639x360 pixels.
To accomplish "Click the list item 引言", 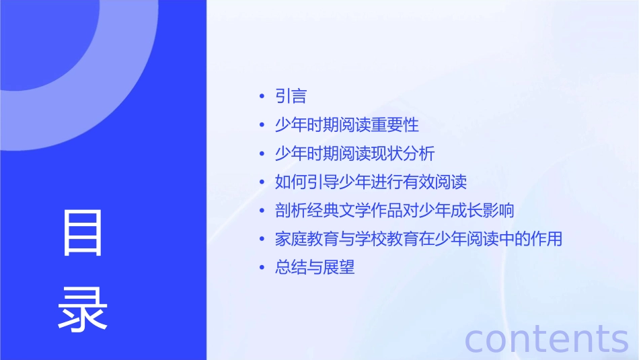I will coord(291,97).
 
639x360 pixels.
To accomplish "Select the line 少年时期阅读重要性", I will coord(347,125).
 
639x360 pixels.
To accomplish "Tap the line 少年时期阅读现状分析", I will coord(355,153).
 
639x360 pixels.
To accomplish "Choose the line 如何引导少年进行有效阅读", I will coord(371,182).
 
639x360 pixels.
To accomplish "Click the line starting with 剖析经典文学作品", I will coord(395,211).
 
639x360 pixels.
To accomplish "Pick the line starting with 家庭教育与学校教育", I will coord(418,239).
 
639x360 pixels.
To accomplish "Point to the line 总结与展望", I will coord(315,268).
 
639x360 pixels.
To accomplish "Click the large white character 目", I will coord(83,233).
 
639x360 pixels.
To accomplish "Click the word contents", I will coord(547,338).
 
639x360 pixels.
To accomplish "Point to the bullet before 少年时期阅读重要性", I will coord(262,126).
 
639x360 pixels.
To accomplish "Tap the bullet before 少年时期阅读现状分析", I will coord(262,154).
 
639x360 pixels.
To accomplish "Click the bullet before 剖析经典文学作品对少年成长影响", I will coord(262,211).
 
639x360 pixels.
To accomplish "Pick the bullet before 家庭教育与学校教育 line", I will coord(262,240).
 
